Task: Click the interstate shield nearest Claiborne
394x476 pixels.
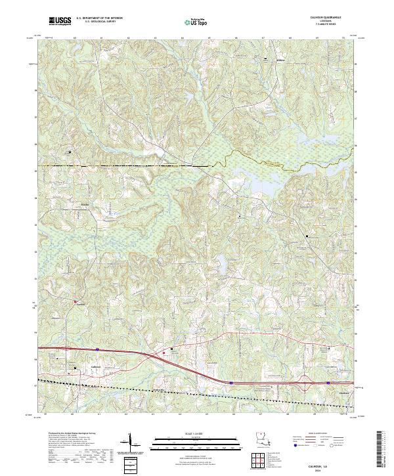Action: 328,381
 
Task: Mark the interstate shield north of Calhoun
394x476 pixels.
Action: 97,349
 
